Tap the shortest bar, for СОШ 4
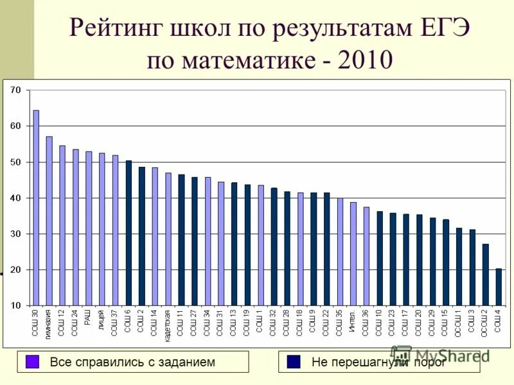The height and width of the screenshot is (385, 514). click(499, 287)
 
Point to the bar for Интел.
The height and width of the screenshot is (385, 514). click(353, 253)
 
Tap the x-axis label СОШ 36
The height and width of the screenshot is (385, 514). click(366, 322)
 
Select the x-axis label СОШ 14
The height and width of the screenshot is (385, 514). click(155, 322)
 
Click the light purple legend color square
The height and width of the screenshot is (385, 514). click(33, 362)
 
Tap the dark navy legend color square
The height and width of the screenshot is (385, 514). click(294, 362)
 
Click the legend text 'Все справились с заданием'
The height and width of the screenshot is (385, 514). click(132, 363)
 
